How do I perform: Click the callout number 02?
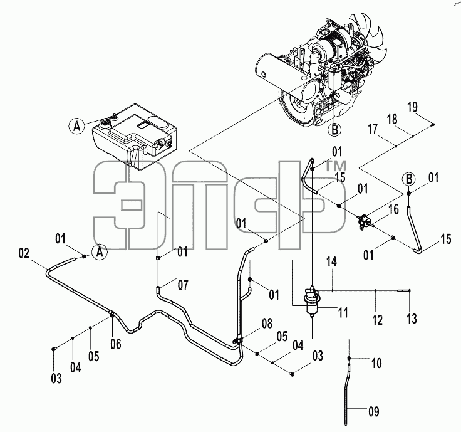tap(24, 253)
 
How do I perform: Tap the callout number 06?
tap(116, 344)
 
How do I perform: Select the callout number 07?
tap(183, 285)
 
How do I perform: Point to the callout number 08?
tap(267, 324)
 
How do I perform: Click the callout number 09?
tap(374, 412)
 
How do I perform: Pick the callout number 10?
tap(376, 363)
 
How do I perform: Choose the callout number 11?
tap(343, 312)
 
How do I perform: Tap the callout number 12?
tap(378, 320)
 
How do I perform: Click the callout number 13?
tap(412, 319)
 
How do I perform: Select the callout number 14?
tap(331, 261)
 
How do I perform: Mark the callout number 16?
tap(394, 209)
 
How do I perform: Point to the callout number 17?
tap(373, 129)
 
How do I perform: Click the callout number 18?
tap(392, 120)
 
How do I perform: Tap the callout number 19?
tap(413, 107)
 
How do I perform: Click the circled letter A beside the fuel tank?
tap(77, 126)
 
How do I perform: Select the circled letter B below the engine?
tap(334, 130)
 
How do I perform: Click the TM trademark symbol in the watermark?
tap(335, 166)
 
